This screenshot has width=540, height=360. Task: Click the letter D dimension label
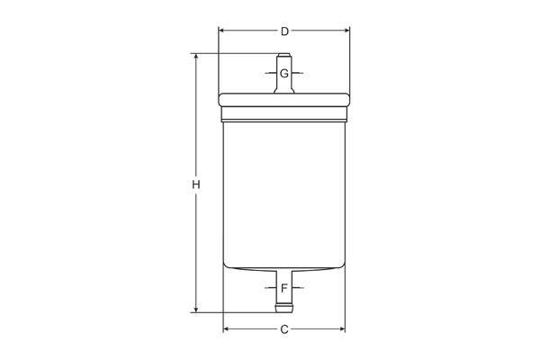coord(284,31)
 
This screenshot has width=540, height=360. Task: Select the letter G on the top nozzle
coord(284,73)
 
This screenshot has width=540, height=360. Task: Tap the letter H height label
coord(195,184)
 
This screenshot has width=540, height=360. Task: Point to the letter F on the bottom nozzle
coord(284,289)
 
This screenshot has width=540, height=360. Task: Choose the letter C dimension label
coord(284,329)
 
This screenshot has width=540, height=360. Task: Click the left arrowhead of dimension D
coord(222,31)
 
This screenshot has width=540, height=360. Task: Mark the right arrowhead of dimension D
coord(346,31)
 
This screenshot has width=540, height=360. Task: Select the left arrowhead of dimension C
coord(227,329)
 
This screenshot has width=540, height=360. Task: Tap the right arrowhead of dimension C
coord(341,329)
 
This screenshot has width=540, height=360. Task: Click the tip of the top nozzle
coord(284,56)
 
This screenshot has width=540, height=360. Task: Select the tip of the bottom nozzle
coord(284,310)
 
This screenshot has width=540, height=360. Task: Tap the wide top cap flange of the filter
coord(284,100)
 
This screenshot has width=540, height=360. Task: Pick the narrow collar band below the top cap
coord(284,114)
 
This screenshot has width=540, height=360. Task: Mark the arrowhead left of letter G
coord(273,73)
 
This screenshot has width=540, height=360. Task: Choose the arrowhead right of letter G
coord(296,73)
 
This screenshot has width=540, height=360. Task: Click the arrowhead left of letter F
coord(273,289)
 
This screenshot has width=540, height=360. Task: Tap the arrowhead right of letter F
coord(296,289)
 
